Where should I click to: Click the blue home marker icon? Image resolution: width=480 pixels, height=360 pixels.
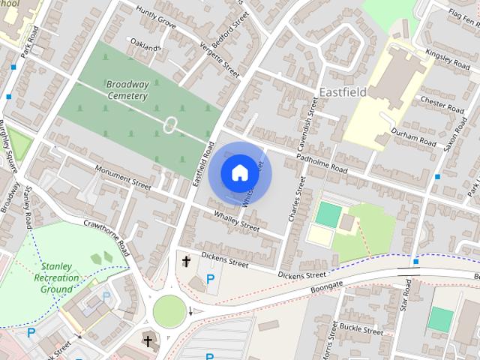point(239,172)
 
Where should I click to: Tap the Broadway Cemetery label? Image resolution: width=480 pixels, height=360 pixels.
point(127,90)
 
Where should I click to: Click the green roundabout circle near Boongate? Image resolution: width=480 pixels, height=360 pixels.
point(169,309)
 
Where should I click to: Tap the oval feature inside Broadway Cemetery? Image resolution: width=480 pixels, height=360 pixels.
point(170,125)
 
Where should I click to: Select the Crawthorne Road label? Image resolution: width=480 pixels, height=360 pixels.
point(107,236)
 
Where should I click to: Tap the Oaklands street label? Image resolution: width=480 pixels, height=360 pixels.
point(145,46)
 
